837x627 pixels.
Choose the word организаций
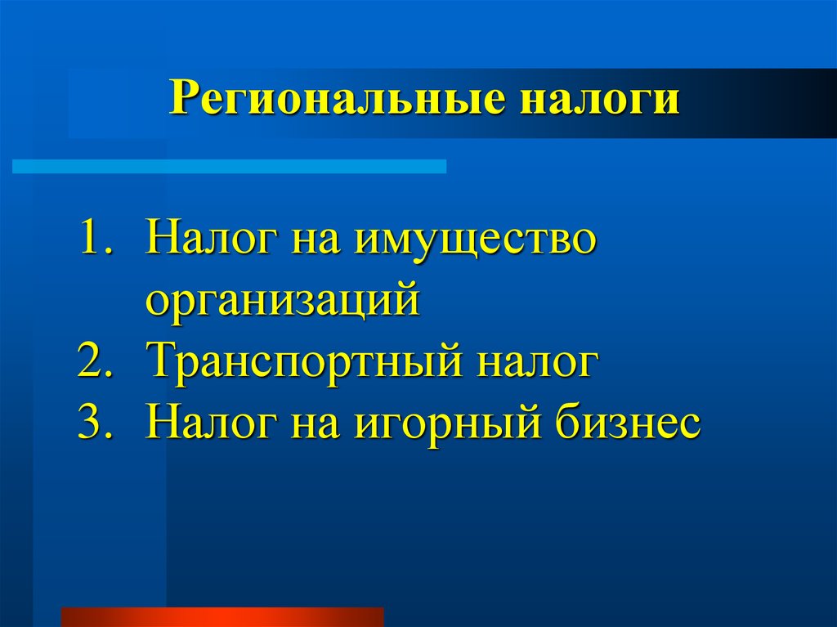(x=282, y=301)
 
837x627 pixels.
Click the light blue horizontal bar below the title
(x=229, y=166)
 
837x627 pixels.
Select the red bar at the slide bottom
(x=222, y=617)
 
